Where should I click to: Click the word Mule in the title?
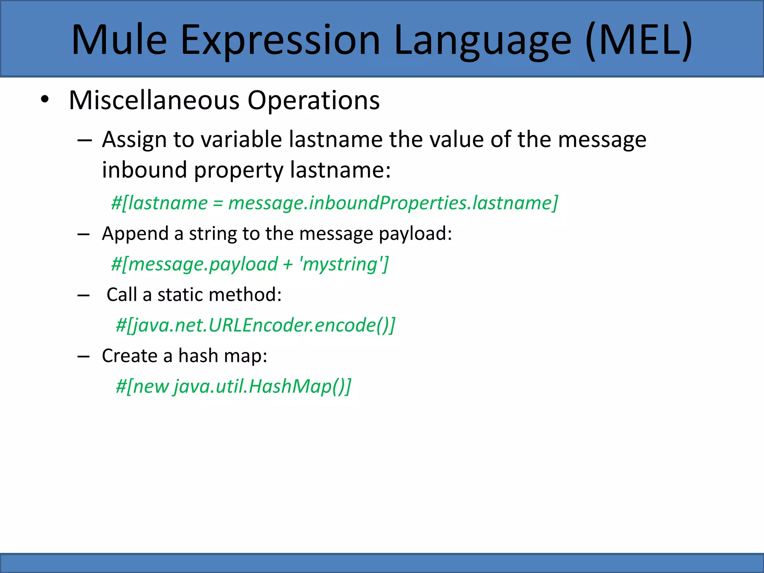[x=119, y=40]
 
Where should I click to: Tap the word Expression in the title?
[x=280, y=40]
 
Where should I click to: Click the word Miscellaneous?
[x=154, y=100]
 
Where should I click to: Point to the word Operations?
[x=313, y=100]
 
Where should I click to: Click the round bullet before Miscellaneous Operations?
[x=45, y=100]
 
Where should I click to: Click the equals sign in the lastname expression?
[x=217, y=204]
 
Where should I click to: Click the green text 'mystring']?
[x=344, y=264]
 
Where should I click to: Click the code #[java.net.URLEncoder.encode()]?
[x=255, y=325]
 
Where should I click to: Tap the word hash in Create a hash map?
[x=198, y=356]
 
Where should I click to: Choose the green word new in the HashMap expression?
[x=151, y=386]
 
